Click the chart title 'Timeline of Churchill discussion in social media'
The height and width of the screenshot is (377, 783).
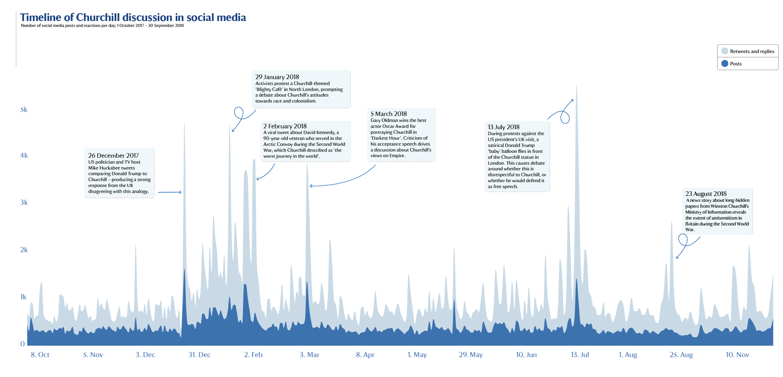point(133,18)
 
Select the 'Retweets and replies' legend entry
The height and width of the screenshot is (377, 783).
point(747,51)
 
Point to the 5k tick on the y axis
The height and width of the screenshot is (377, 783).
point(24,110)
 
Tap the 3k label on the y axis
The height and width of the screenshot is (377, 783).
point(24,203)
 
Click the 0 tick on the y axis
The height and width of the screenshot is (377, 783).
point(23,344)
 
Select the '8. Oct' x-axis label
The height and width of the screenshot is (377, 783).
point(40,355)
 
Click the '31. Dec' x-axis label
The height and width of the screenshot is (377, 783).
point(199,355)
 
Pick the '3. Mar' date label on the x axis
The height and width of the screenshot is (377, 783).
point(309,355)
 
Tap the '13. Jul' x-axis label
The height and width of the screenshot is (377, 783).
point(579,355)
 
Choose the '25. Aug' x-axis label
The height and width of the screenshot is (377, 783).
point(681,355)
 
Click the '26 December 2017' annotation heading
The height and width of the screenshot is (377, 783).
point(113,156)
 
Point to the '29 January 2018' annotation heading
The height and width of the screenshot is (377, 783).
point(277,77)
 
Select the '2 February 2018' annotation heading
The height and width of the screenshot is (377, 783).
point(285,126)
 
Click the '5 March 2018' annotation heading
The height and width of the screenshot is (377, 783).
point(388,114)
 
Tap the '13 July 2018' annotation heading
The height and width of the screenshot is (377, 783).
point(503,127)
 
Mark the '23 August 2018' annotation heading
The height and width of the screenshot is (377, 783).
point(705,194)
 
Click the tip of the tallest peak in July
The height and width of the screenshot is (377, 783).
point(576,85)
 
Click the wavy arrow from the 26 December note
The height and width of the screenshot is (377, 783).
point(170,192)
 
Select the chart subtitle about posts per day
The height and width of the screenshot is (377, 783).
point(102,26)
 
